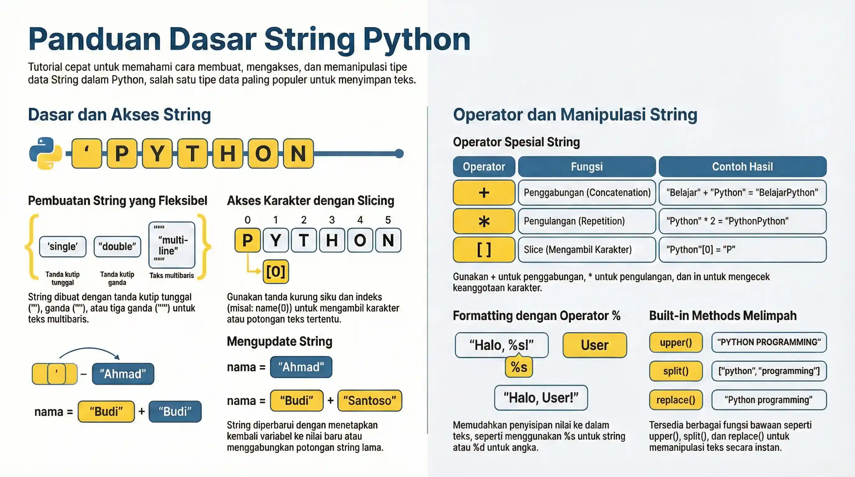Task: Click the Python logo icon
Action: coord(45,153)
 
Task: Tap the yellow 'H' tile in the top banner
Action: coord(228,153)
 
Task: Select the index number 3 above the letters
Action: coord(331,220)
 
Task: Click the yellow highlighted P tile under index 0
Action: coord(248,240)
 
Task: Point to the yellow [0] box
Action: coord(276,272)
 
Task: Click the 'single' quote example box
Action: coord(62,247)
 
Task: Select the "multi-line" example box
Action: coord(171,245)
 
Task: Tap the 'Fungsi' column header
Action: coord(587,166)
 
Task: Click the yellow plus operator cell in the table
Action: coord(484,193)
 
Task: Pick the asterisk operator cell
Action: coord(484,221)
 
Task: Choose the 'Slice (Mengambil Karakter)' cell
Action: coord(587,249)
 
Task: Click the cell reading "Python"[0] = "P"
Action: coord(742,249)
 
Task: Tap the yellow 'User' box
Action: coord(594,345)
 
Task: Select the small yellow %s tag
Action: coord(519,367)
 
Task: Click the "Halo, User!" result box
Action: coord(541,398)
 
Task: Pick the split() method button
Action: coord(676,371)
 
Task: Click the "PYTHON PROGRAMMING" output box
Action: coord(769,342)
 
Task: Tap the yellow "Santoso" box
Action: coord(369,401)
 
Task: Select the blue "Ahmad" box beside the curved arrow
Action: coord(123,374)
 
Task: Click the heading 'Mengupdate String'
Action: coord(280,341)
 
